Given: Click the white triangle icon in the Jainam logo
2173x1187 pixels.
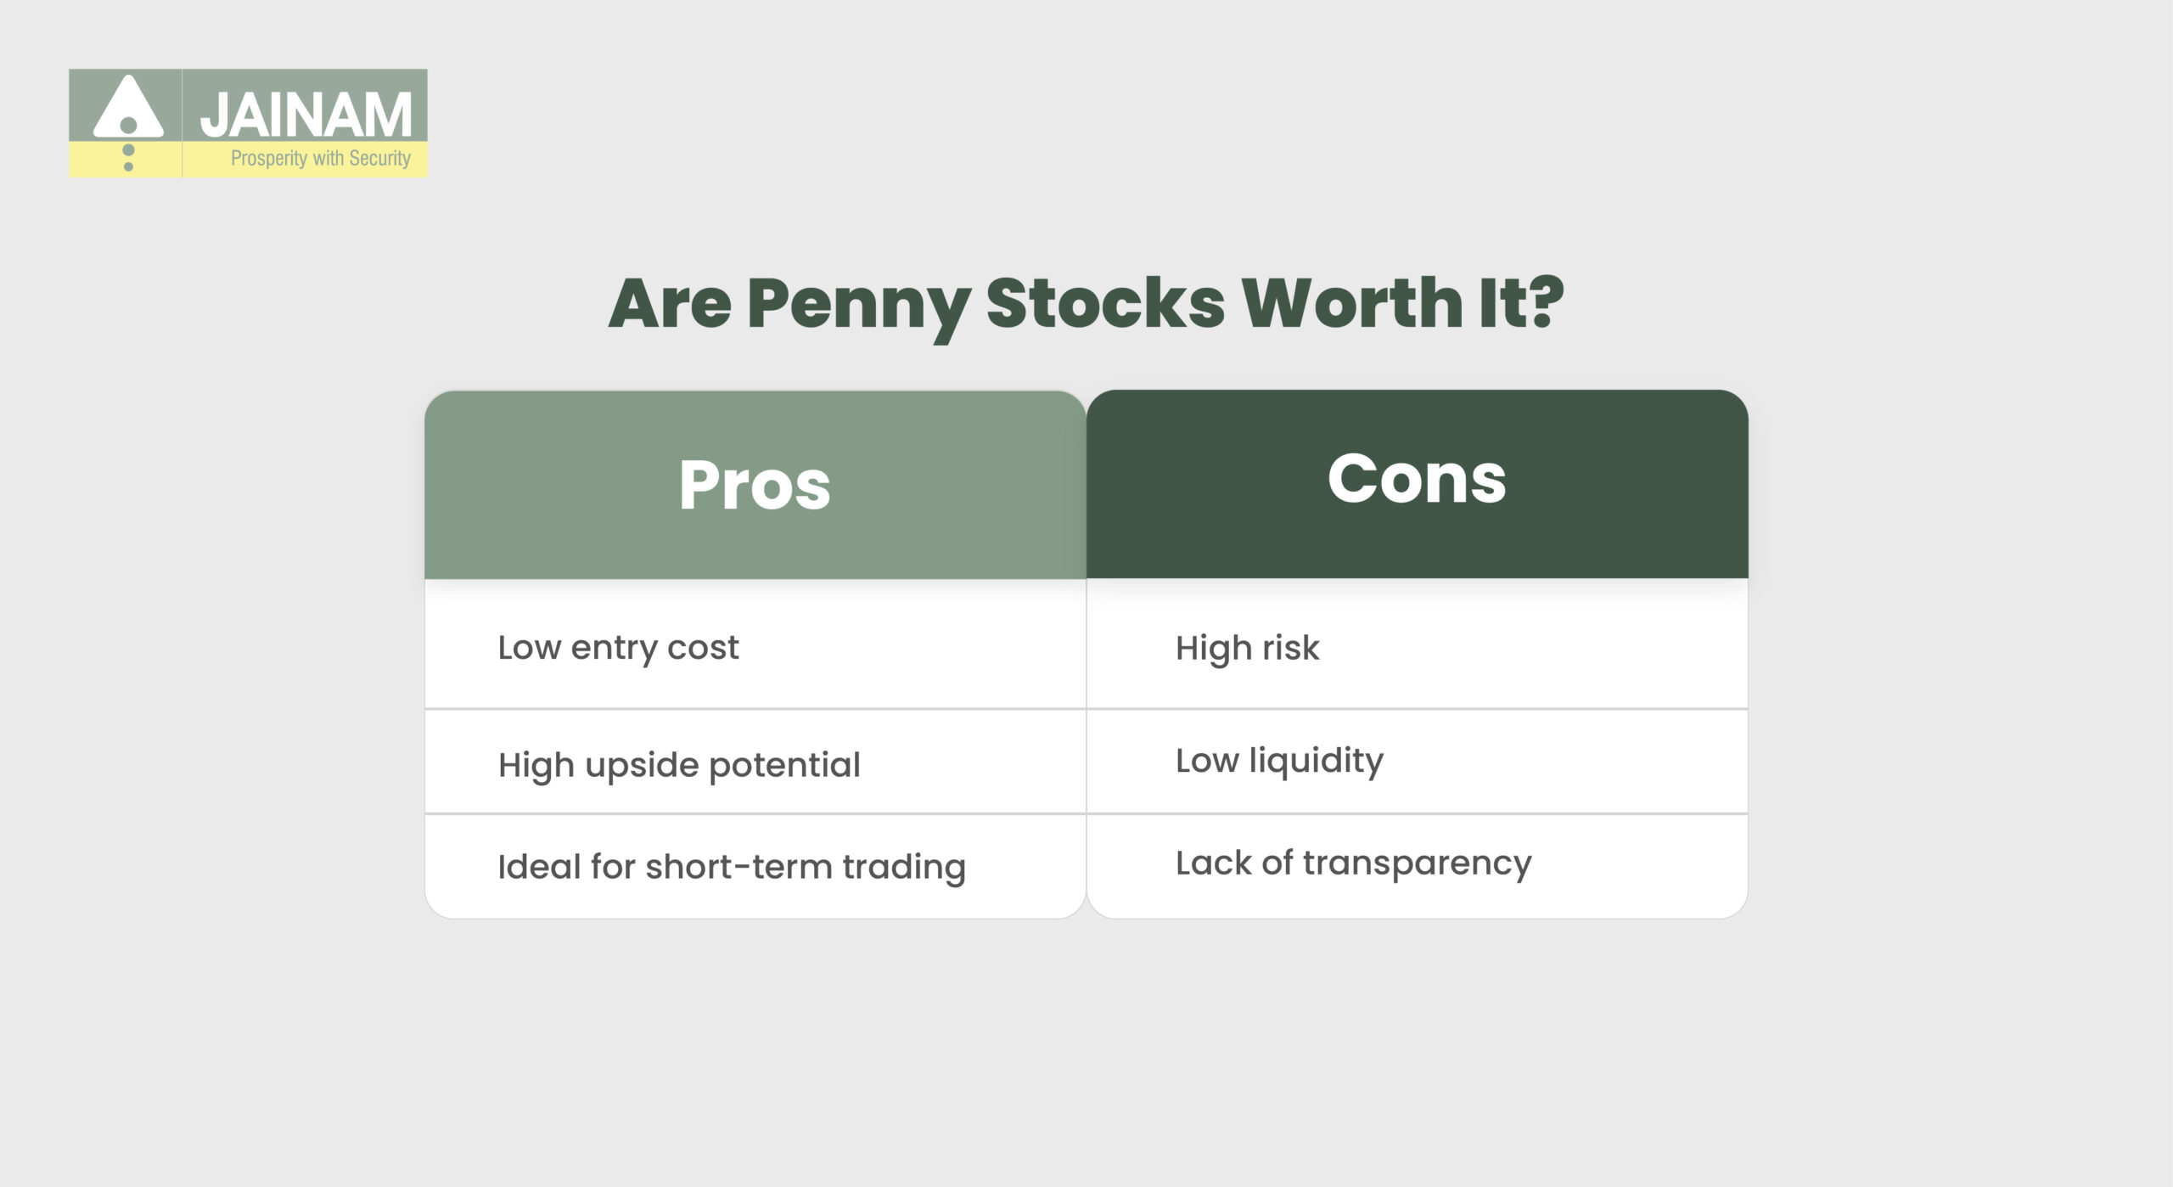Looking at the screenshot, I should pos(128,109).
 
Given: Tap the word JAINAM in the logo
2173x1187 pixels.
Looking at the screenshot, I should pos(306,115).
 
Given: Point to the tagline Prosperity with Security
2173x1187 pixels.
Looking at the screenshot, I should pos(320,159).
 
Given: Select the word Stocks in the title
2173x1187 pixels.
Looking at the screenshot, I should pos(1104,303).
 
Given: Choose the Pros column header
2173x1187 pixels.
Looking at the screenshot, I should pos(755,485).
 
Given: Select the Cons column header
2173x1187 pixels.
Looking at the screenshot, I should pos(1417,480).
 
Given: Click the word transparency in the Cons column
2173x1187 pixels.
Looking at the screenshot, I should pos(1418,864).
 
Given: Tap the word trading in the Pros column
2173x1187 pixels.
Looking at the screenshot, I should pos(904,868).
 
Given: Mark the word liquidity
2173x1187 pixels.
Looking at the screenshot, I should pos(1316,761).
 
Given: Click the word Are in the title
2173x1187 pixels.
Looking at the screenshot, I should pos(670,303).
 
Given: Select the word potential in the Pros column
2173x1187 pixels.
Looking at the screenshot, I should pos(784,766).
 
